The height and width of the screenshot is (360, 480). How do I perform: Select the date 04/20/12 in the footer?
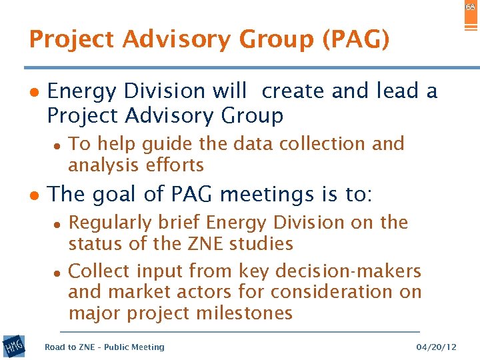pyautogui.click(x=436, y=347)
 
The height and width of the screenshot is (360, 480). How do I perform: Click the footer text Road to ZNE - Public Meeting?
pyautogui.click(x=104, y=347)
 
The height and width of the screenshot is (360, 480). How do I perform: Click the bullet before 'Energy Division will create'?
pyautogui.click(x=33, y=92)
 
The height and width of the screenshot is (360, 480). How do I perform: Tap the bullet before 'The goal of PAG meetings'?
pyautogui.click(x=33, y=196)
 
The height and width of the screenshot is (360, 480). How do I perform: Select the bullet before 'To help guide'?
pyautogui.click(x=58, y=145)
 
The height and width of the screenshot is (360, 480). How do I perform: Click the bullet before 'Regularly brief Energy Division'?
pyautogui.click(x=58, y=223)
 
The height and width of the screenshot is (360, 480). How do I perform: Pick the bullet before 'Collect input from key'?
pyautogui.click(x=58, y=272)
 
